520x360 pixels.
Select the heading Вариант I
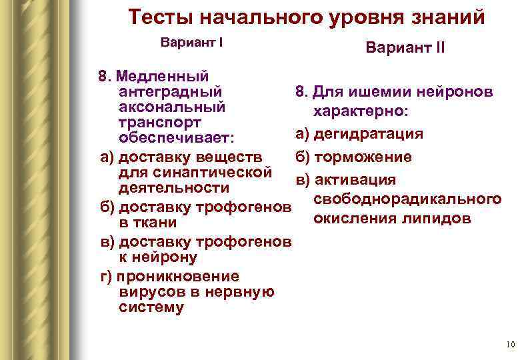[192, 41]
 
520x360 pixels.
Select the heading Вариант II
[405, 49]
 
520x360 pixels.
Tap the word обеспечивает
[176, 139]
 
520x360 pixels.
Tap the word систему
[151, 307]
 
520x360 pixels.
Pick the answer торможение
[363, 157]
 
